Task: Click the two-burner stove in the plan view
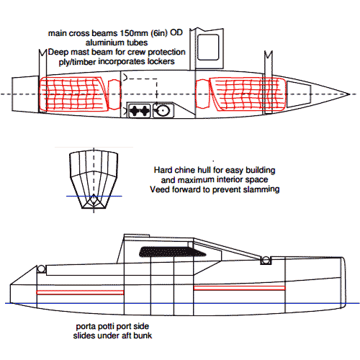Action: click(140, 111)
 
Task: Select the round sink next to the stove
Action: click(163, 111)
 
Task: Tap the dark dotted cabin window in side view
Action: click(172, 252)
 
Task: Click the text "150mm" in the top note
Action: click(133, 33)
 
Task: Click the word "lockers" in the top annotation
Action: click(161, 61)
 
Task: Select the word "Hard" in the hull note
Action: click(162, 170)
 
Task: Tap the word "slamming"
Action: click(261, 189)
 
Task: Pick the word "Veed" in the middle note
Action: click(158, 189)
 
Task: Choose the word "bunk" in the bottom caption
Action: click(143, 336)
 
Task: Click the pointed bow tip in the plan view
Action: click(349, 94)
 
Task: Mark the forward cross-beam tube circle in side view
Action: click(266, 260)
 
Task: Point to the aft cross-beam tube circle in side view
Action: click(41, 269)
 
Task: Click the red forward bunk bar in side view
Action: click(239, 288)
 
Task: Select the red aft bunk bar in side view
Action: click(80, 292)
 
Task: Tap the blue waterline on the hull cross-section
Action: click(94, 196)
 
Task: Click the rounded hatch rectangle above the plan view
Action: click(208, 48)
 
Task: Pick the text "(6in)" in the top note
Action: click(159, 33)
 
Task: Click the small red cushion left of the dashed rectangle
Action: click(114, 95)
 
